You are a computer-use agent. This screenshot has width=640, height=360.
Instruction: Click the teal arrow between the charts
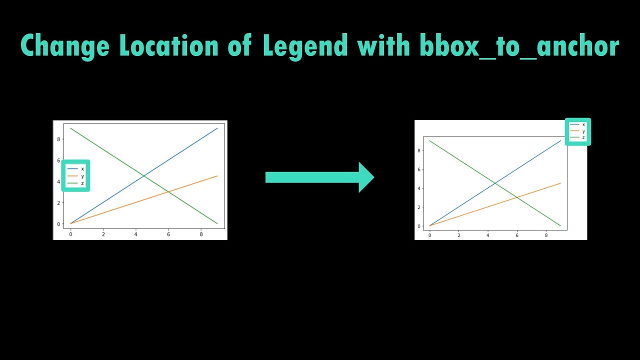[x=319, y=177]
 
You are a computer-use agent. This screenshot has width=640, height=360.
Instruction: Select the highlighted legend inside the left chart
[x=75, y=175]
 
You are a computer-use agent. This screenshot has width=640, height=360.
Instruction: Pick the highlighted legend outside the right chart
[x=577, y=131]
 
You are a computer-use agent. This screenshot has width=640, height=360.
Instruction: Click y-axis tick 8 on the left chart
[x=58, y=139]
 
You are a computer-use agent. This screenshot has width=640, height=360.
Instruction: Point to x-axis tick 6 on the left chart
[x=168, y=234]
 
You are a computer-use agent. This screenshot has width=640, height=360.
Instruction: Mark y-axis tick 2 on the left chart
[x=58, y=202]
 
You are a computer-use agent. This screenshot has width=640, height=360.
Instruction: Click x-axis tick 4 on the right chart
[x=488, y=235]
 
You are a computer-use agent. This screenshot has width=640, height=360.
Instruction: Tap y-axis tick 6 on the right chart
[x=419, y=169]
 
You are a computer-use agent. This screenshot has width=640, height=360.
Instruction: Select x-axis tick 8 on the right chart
[x=546, y=235]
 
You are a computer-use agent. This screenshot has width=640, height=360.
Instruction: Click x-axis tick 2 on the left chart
[x=103, y=234]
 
